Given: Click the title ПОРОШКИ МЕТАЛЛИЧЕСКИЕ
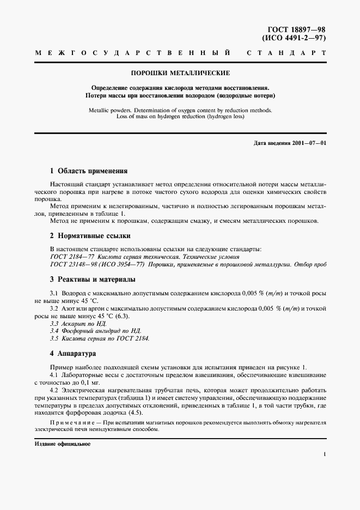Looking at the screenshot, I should point(180,73).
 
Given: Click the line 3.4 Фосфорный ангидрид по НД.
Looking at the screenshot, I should point(95,331).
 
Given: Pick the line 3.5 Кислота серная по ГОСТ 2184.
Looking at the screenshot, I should point(99,338).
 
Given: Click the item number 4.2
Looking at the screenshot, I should point(54,391).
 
